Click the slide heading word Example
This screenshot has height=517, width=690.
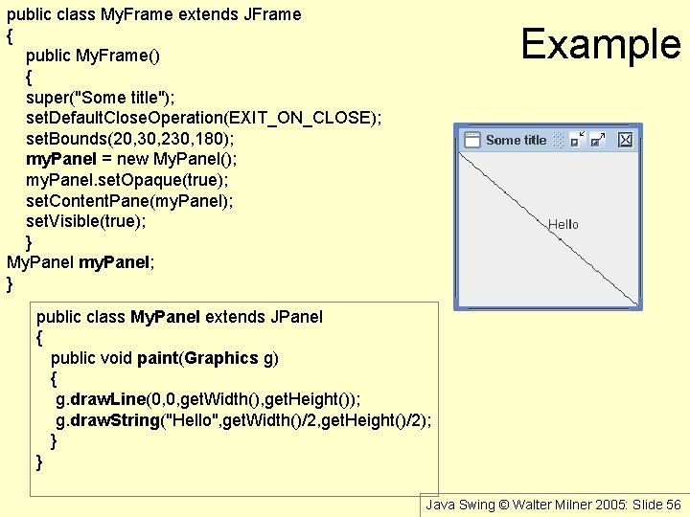[x=601, y=44]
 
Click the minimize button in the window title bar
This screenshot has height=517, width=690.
[x=577, y=140]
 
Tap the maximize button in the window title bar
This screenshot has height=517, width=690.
[x=599, y=140]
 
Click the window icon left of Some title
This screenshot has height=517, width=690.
[x=471, y=140]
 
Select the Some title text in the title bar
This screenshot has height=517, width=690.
[x=516, y=140]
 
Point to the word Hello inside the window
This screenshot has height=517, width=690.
[x=563, y=224]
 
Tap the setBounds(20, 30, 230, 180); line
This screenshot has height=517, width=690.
[x=129, y=139]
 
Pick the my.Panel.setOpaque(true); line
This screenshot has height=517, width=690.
[x=127, y=180]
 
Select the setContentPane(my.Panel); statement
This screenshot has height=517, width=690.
[x=129, y=201]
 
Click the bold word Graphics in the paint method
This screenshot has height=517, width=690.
[x=222, y=358]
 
